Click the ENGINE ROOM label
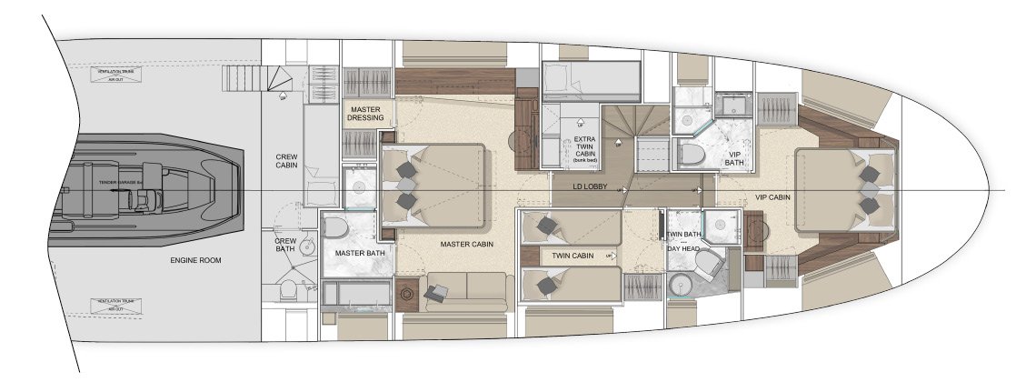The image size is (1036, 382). [194, 260]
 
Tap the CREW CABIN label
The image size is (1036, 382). [287, 161]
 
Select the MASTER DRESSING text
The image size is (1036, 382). [369, 113]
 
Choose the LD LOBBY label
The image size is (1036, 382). [589, 187]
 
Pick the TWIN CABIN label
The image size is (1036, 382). [573, 256]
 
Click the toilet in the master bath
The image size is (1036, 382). [334, 226]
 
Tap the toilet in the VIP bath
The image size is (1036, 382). [695, 154]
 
